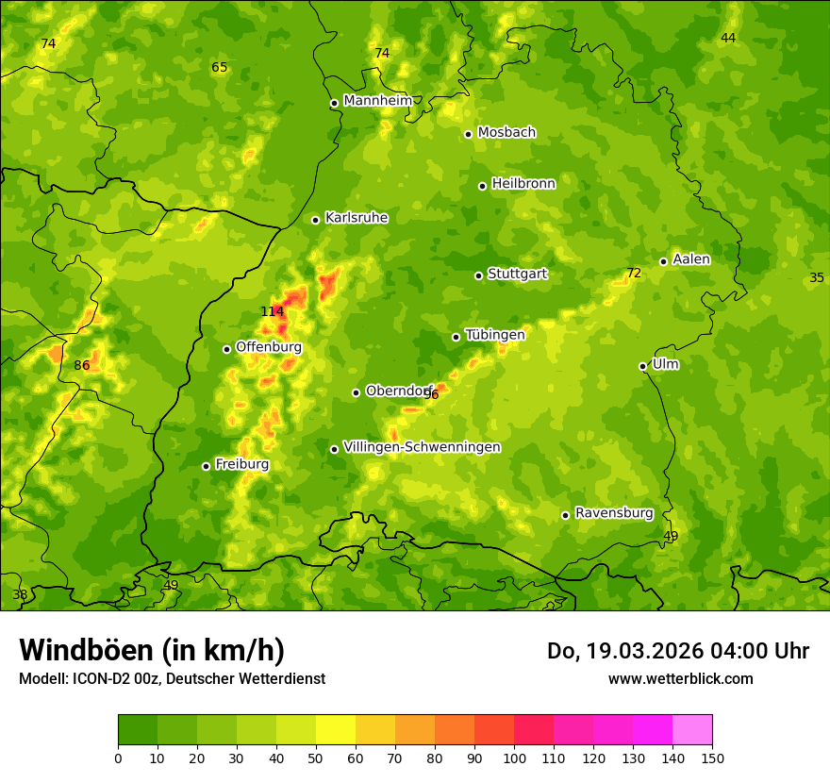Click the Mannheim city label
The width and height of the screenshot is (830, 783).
[x=377, y=101]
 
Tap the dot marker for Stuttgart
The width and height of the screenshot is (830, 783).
[x=478, y=275]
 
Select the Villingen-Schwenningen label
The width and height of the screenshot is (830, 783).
[x=422, y=447]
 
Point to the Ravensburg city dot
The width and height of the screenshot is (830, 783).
[x=565, y=515]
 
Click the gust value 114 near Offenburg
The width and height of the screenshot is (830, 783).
[x=272, y=312]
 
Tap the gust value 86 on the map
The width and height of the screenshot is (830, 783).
[x=82, y=366]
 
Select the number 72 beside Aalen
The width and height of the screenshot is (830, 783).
[x=634, y=274]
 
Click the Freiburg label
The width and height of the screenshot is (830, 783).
[x=241, y=464]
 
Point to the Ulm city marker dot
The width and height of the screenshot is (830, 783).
[x=642, y=366]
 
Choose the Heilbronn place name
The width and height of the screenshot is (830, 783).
[x=523, y=184]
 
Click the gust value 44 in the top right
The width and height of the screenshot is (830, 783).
[x=728, y=39]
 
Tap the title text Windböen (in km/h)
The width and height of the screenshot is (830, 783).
[x=152, y=650]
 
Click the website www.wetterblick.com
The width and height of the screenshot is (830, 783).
[x=680, y=679]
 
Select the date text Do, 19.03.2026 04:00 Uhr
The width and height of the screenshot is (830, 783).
[x=677, y=651]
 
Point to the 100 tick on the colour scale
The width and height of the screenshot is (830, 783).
[x=514, y=758]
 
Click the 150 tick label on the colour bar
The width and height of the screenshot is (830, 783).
[x=711, y=758]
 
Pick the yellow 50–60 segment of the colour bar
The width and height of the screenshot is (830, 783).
[x=336, y=730]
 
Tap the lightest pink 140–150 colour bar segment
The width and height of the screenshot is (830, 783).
[x=692, y=730]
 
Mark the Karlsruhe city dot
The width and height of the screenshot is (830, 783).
[x=315, y=220]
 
